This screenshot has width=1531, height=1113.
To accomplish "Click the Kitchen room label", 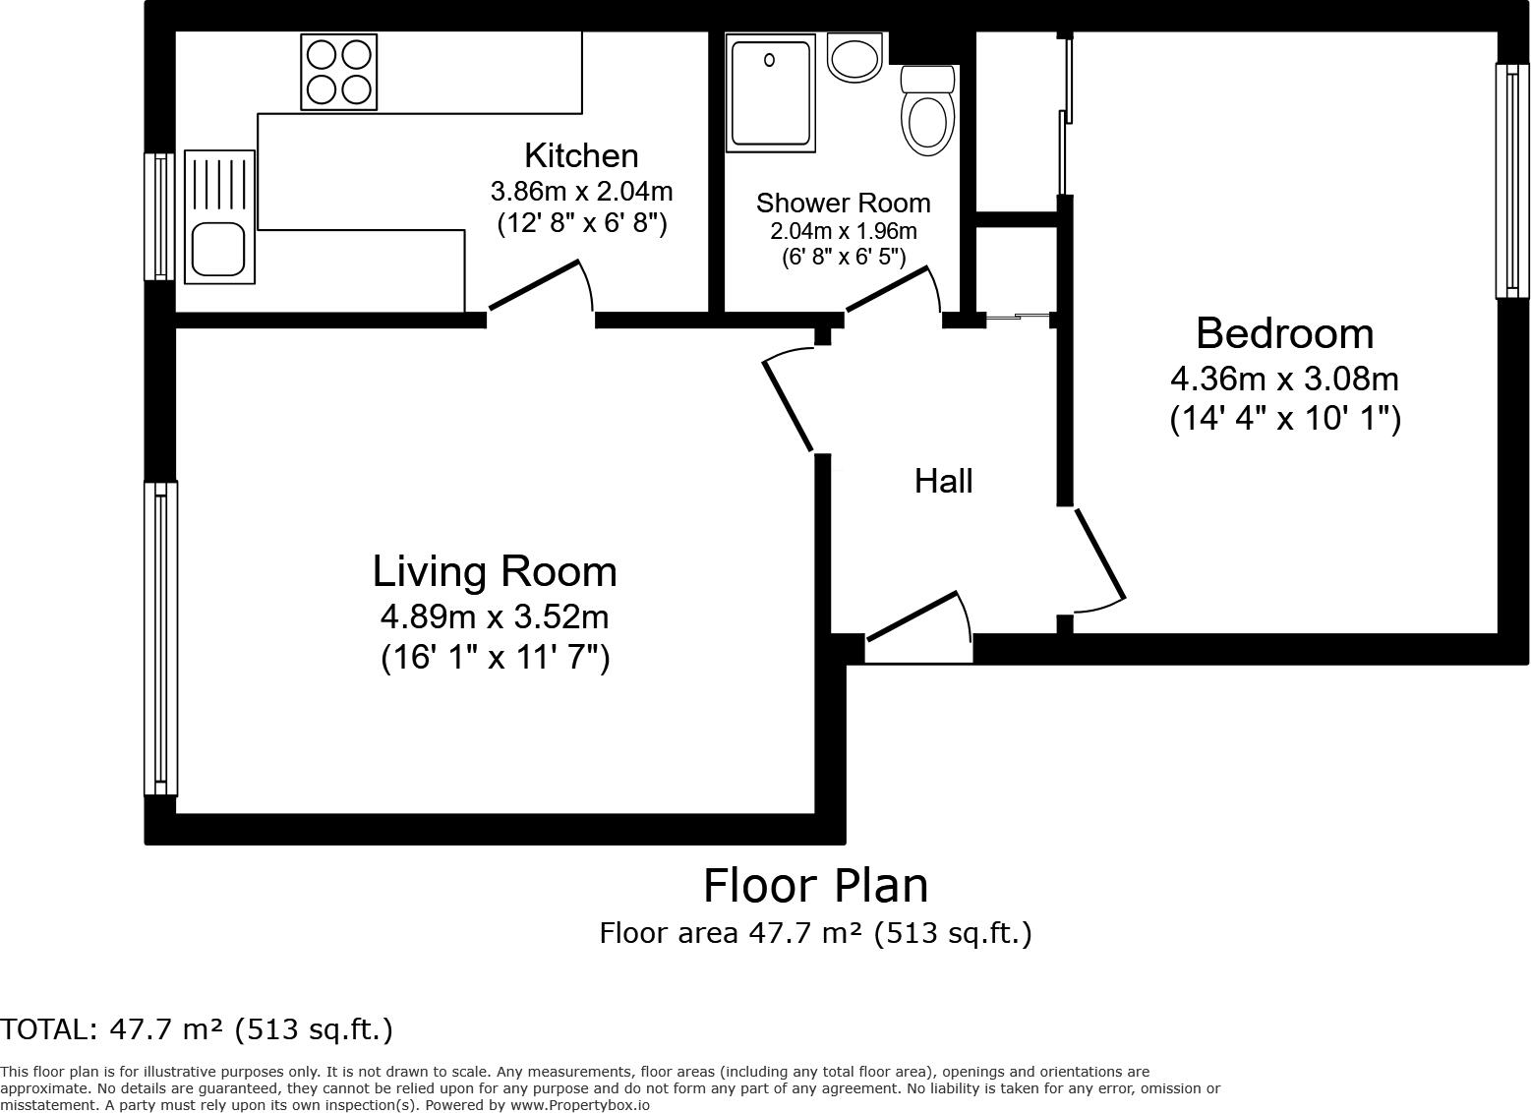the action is coord(582,155).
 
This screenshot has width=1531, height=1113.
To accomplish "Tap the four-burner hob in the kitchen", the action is coord(339,72).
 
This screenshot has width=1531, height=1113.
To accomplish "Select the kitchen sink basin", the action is coord(218,250).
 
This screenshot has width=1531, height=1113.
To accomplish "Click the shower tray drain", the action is coord(769,60).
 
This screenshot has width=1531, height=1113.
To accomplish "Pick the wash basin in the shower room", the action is coord(854,57).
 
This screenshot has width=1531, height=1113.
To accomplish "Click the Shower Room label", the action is coord(844,203).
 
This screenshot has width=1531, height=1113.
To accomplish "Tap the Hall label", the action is coord(943,481).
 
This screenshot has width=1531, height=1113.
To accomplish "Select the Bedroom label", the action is coord(1285,333).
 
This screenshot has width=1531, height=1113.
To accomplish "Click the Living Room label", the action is coord(495,571).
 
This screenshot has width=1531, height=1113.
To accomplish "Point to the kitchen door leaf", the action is coord(534,285).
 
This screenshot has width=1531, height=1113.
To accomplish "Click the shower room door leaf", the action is coord(888,289).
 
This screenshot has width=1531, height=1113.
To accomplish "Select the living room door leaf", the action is coord(788,406).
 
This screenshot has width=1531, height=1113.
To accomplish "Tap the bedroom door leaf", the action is coord(1099,555).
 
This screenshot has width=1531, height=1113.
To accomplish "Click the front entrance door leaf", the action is coord(912,616).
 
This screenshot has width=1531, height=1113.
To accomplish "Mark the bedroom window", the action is coord(1512,181).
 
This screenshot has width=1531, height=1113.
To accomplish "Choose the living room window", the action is coord(160,639).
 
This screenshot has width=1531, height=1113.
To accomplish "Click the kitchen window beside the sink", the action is coord(159,216).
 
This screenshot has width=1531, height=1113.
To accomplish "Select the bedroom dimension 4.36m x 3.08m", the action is coord(1285,379).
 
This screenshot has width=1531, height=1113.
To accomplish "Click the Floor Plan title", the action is coord(815,886).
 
